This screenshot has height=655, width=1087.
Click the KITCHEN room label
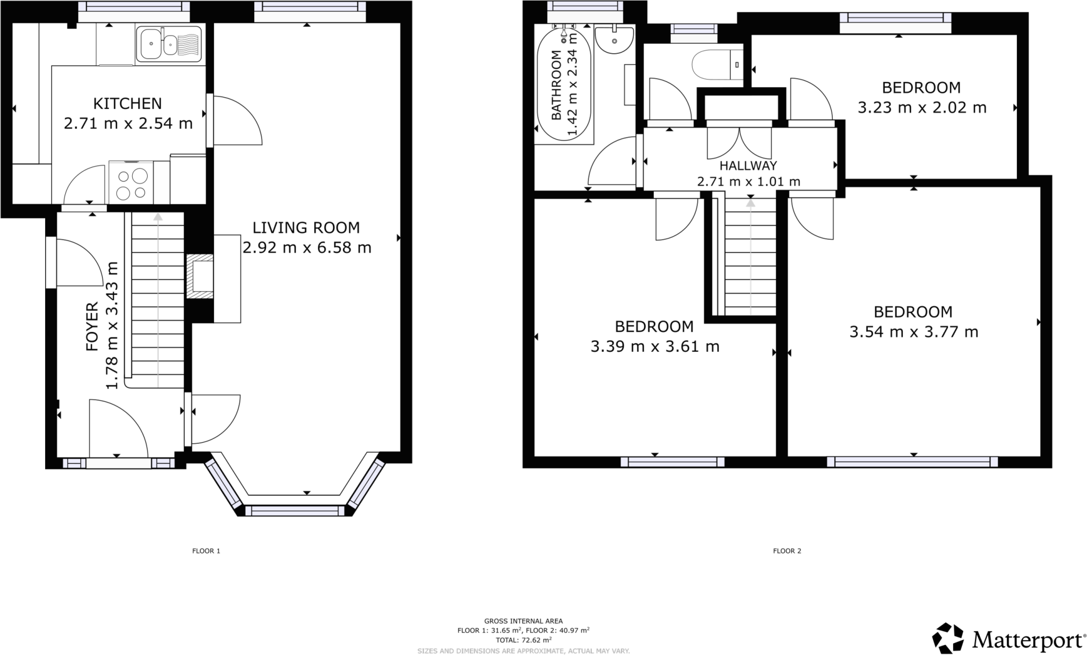pyautogui.click(x=127, y=103)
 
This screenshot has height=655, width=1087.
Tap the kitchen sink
pyautogui.click(x=169, y=44)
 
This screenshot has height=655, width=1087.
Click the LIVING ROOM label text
pyautogui.click(x=306, y=228)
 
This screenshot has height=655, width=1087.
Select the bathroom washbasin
pyautogui.click(x=614, y=39)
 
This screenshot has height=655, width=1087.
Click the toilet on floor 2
pyautogui.click(x=717, y=65)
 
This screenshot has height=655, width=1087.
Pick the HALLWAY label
pyautogui.click(x=748, y=166)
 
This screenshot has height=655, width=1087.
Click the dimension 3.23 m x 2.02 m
pyautogui.click(x=922, y=108)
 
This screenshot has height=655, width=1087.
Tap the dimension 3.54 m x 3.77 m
pyautogui.click(x=913, y=332)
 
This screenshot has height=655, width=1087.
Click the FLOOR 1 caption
pyautogui.click(x=206, y=551)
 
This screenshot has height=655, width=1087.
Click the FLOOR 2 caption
pyautogui.click(x=787, y=551)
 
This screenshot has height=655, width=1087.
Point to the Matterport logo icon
pyautogui.click(x=947, y=639)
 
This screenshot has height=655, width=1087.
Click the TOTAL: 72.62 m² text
pyautogui.click(x=523, y=640)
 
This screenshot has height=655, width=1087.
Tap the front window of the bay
pyautogui.click(x=295, y=511)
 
